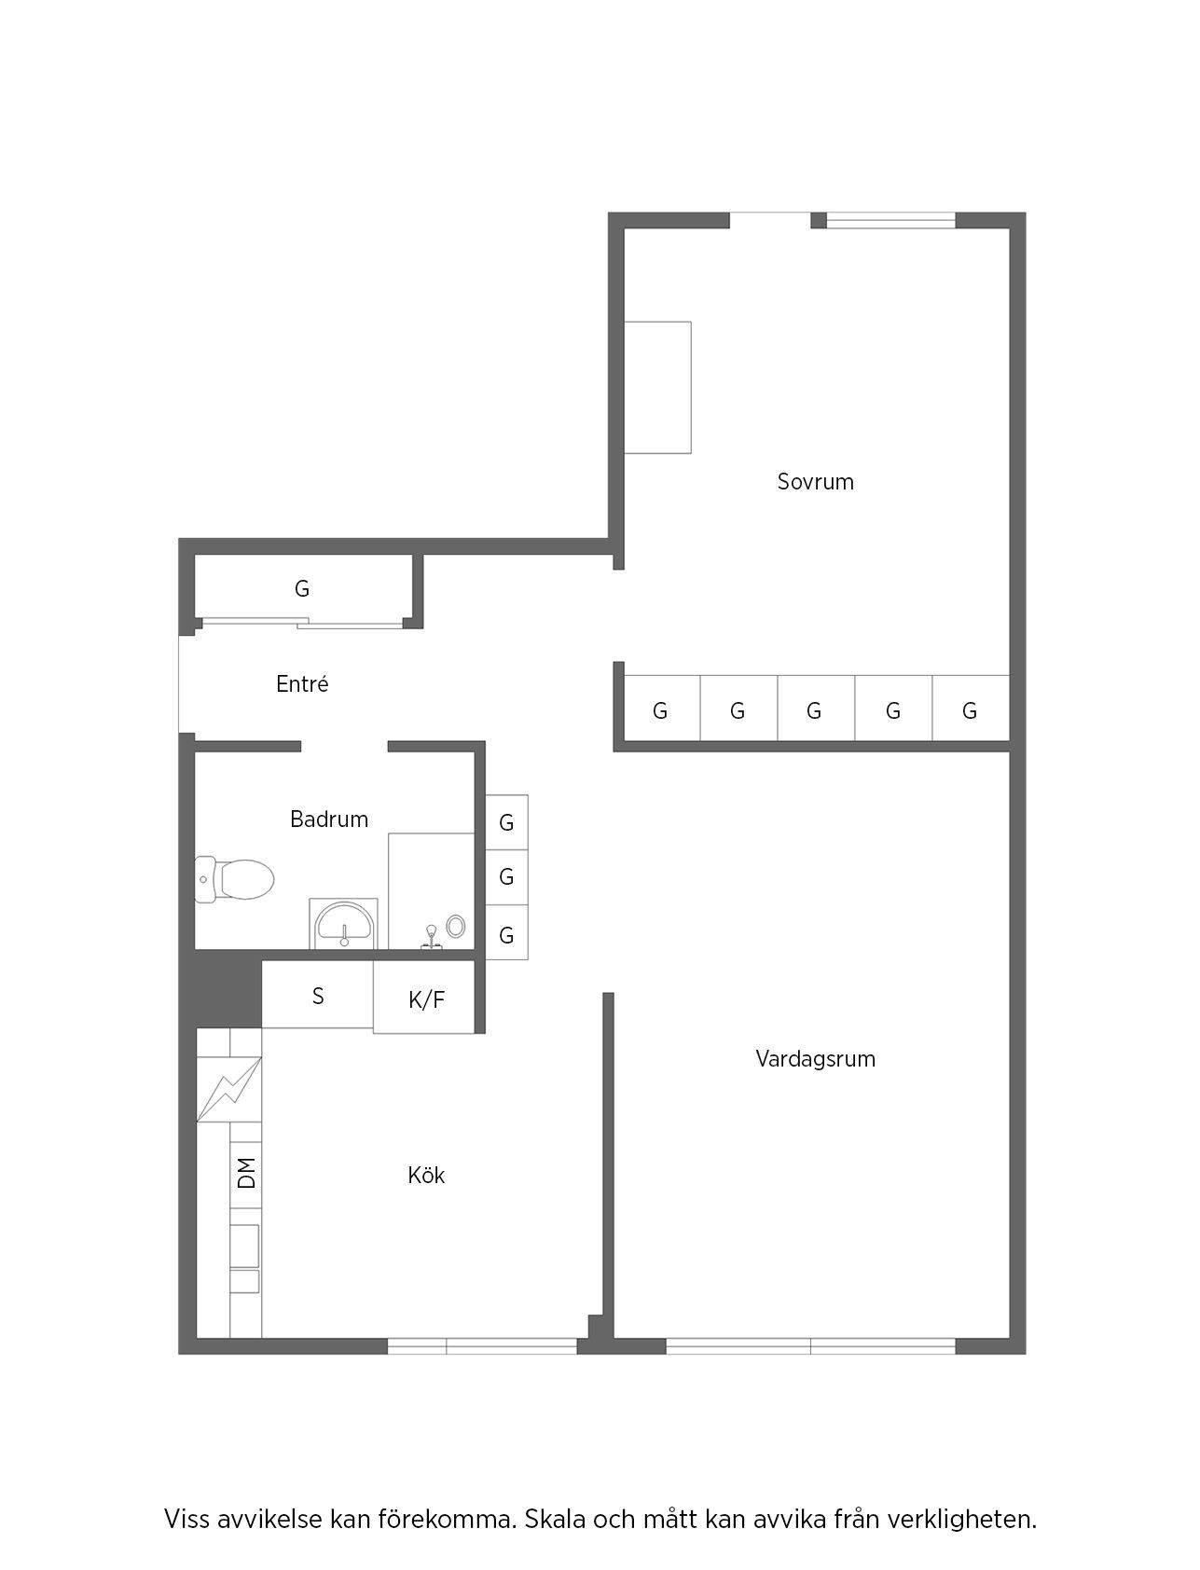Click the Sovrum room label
coord(815,482)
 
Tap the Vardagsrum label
coord(815,1059)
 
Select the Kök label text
coord(426,1175)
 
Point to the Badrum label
coord(329,819)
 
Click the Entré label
coord(302,684)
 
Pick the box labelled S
coord(318,995)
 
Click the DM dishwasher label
coord(246,1173)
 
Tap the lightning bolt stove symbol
coord(229,1089)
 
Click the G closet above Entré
coord(302,589)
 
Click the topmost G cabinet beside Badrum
coord(506,822)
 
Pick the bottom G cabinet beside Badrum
coord(506,933)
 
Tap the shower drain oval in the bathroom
coord(455,926)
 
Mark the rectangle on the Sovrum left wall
coord(657,388)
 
